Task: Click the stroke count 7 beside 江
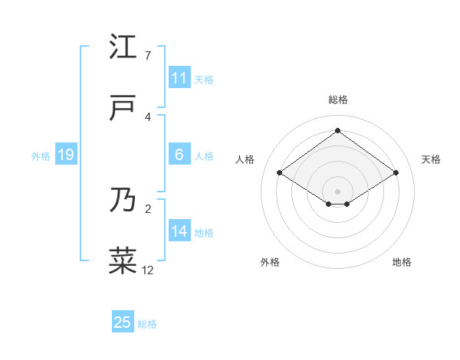pyautogui.click(x=147, y=56)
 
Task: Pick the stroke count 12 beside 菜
pyautogui.click(x=148, y=270)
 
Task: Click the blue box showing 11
pyautogui.click(x=179, y=78)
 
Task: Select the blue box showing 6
pyautogui.click(x=179, y=155)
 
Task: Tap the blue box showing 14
pyautogui.click(x=179, y=231)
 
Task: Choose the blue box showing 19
pyautogui.click(x=66, y=155)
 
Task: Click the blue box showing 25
pyautogui.click(x=123, y=322)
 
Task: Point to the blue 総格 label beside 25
pyautogui.click(x=148, y=324)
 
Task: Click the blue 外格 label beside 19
pyautogui.click(x=41, y=156)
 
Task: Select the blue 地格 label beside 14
pyautogui.click(x=204, y=233)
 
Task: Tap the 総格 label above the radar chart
pyautogui.click(x=337, y=100)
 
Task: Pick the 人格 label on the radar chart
pyautogui.click(x=245, y=159)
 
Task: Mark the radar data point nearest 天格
pyautogui.click(x=396, y=173)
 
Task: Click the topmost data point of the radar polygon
pyautogui.click(x=337, y=130)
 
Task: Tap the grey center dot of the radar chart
pyautogui.click(x=337, y=191)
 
